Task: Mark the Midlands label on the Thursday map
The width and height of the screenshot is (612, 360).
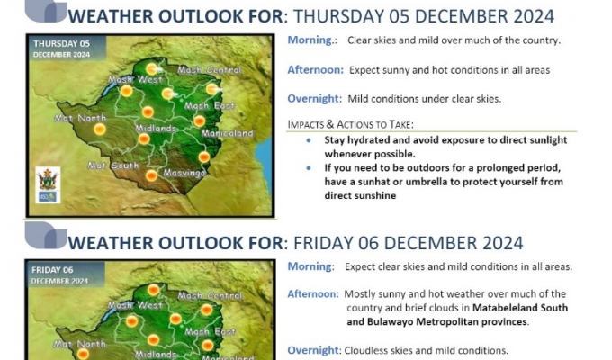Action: pyautogui.click(x=155, y=129)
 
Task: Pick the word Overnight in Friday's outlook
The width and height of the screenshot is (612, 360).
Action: pyautogui.click(x=312, y=350)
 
